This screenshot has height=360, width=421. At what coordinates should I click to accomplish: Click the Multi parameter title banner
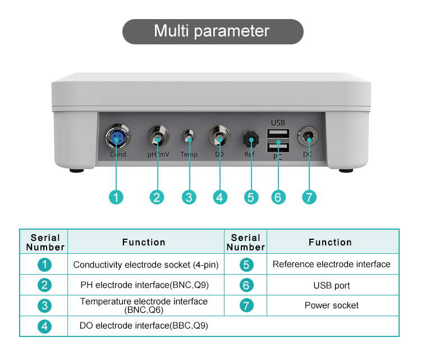[212, 31]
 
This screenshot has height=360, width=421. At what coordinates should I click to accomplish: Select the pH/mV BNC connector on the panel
[157, 136]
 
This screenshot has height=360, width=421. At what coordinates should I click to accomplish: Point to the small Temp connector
[189, 136]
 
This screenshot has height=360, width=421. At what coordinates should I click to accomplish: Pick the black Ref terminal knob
[250, 138]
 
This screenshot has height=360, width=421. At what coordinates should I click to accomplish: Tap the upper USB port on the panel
[278, 134]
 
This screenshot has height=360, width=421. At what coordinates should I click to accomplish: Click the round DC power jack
[308, 136]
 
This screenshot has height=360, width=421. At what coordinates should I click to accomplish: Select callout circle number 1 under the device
[116, 197]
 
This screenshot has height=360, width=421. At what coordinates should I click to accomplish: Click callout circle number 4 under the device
[220, 197]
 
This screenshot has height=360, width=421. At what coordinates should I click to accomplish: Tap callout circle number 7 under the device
[309, 197]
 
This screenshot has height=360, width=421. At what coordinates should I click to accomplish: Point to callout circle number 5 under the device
[250, 197]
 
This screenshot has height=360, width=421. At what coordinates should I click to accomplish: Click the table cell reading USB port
[332, 285]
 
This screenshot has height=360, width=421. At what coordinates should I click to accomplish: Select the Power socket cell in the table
[332, 306]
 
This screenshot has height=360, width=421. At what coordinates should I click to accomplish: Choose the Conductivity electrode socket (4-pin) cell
[146, 265]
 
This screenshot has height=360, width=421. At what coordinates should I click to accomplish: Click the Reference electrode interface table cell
[332, 264]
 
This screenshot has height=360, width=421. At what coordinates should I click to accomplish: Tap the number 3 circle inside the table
[44, 306]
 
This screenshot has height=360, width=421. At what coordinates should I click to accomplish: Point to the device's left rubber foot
[76, 170]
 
